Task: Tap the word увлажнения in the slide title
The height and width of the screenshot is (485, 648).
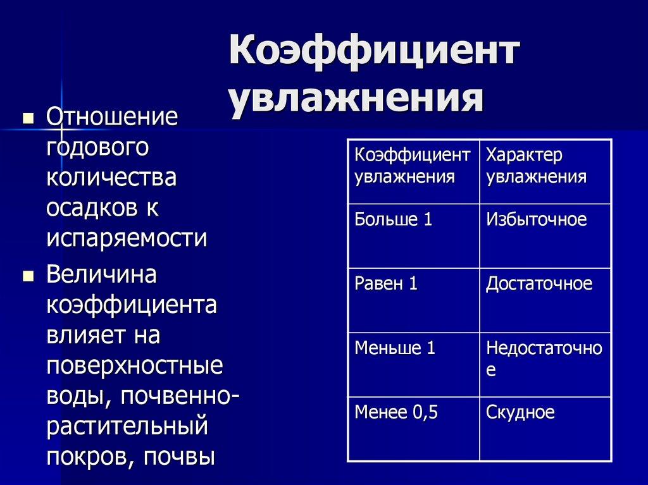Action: tap(356, 99)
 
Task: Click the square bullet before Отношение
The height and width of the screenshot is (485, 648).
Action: tap(27, 118)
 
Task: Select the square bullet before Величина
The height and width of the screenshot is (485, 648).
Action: tap(27, 276)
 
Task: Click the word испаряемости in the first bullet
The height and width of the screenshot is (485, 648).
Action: tap(127, 238)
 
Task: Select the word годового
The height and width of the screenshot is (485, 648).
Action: tap(97, 148)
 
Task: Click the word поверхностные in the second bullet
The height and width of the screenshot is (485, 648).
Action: tap(135, 367)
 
